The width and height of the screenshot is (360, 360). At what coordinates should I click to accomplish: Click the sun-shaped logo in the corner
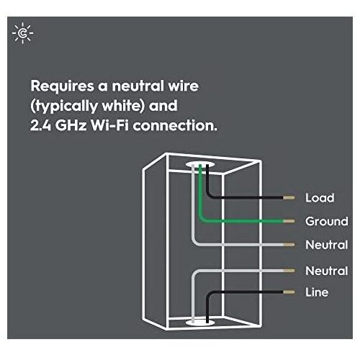pos(23,33)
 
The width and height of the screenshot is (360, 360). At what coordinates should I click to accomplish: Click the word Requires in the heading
pos(63,86)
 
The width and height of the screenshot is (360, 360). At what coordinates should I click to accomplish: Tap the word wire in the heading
pos(184,86)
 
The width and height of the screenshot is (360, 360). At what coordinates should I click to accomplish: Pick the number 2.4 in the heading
pos(40,125)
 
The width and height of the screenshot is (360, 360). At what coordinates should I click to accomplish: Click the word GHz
pos(71,125)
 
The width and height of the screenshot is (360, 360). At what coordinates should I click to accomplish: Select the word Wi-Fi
pos(109,125)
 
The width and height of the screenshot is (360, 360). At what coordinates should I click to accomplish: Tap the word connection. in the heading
pos(175,125)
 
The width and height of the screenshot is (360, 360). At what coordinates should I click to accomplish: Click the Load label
pos(320,198)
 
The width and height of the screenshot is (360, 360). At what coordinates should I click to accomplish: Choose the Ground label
pos(327,221)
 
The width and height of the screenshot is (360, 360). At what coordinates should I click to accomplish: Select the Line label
pos(317,292)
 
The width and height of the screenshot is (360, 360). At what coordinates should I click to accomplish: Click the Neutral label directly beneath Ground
pos(327,245)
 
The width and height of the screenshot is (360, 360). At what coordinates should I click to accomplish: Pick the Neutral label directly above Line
pos(327,271)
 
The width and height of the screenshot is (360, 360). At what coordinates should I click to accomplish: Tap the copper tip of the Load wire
pos(289,198)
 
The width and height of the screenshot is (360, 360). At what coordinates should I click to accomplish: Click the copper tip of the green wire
pos(289,221)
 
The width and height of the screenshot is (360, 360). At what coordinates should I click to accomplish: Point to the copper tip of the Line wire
pos(289,292)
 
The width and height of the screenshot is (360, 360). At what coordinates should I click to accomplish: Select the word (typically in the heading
pos(64,106)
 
